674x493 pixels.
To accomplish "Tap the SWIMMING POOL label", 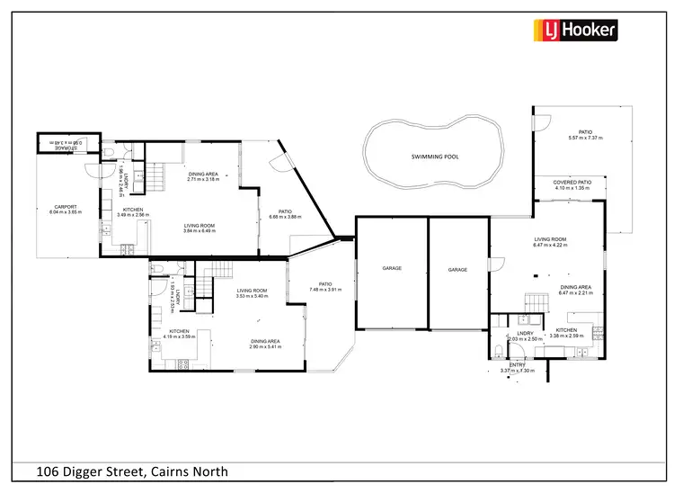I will [435, 157].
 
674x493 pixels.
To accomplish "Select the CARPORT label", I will [65, 207].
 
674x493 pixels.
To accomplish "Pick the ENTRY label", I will [518, 364].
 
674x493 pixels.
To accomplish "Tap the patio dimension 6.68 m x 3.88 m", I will [287, 217].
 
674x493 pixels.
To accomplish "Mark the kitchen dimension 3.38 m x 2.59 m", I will [566, 336].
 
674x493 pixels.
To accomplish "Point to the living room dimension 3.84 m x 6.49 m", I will [202, 231].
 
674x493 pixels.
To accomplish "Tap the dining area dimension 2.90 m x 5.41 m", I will [265, 346].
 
